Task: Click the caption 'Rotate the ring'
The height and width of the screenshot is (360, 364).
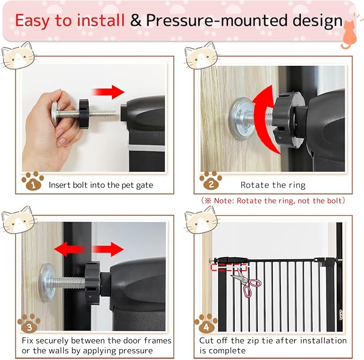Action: [273, 185]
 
